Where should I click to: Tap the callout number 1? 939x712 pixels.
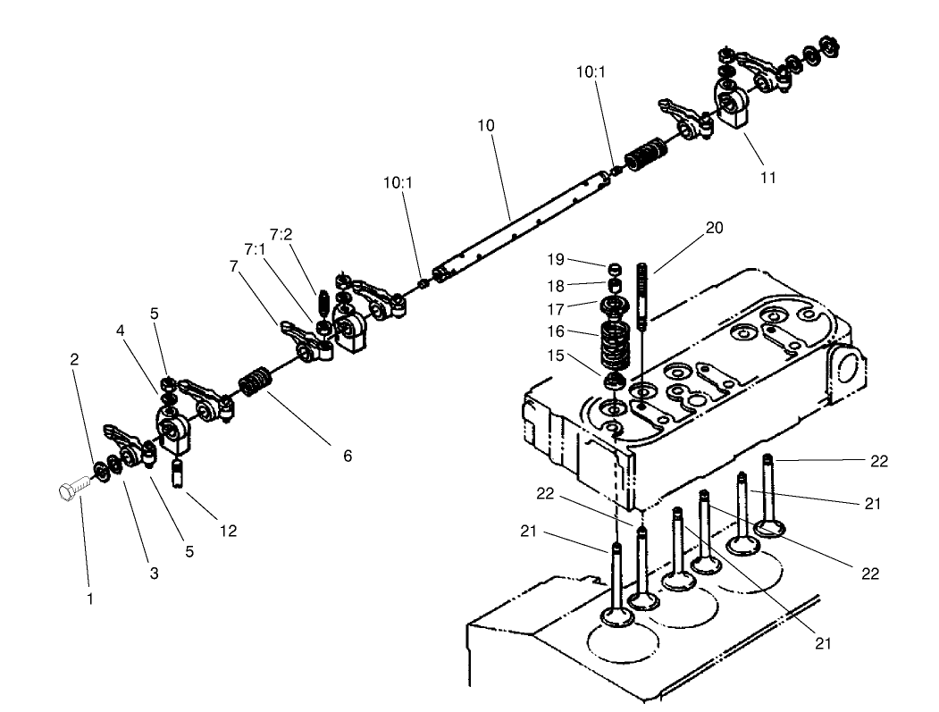[89, 599]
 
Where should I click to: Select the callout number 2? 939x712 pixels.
[74, 359]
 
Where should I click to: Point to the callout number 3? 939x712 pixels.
[154, 574]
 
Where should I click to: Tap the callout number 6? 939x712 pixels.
[347, 456]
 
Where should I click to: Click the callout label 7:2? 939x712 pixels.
[282, 234]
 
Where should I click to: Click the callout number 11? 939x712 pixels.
[767, 177]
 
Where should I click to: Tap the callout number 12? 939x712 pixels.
[228, 531]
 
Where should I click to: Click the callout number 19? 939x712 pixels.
[555, 261]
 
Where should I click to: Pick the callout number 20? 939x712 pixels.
[714, 228]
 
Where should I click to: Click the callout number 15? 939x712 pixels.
[555, 356]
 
